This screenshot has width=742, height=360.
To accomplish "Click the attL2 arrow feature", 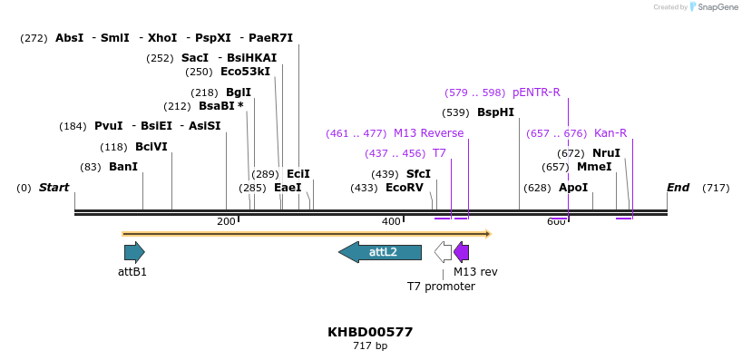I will [380, 252].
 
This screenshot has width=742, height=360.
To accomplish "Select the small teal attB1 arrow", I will [134, 252].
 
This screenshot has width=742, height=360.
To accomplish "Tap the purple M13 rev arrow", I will [462, 252].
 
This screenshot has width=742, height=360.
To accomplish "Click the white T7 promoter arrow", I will [443, 252].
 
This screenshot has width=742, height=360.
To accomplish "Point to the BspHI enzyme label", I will [495, 112].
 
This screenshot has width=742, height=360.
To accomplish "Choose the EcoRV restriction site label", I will [404, 188].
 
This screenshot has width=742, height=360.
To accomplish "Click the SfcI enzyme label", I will [418, 173].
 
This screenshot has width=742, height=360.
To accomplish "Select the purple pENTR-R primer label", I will [536, 92].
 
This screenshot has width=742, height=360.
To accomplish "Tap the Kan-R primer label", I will [610, 133].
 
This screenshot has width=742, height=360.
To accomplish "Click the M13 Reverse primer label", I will [428, 133].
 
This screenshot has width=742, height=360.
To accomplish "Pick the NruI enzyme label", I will [606, 153].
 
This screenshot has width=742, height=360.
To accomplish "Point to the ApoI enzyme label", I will [573, 188].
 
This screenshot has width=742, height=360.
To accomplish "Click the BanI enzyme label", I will [123, 167].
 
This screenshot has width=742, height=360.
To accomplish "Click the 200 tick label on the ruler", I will [226, 222].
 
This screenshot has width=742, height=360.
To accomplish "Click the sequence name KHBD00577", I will [370, 332].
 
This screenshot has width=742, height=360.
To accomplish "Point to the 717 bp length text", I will [370, 346].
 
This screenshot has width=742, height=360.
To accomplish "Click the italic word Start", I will [54, 188].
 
